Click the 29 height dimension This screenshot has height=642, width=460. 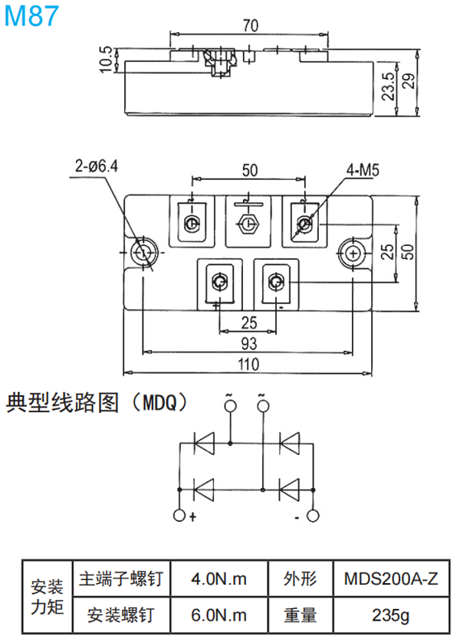412,81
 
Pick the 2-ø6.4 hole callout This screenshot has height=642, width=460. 97,164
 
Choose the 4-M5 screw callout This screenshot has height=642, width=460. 363,171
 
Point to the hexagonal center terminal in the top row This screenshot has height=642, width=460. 248,224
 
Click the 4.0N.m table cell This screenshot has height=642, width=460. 219,579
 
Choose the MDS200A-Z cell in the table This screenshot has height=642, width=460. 391,579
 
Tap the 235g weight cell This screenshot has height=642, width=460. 391,614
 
